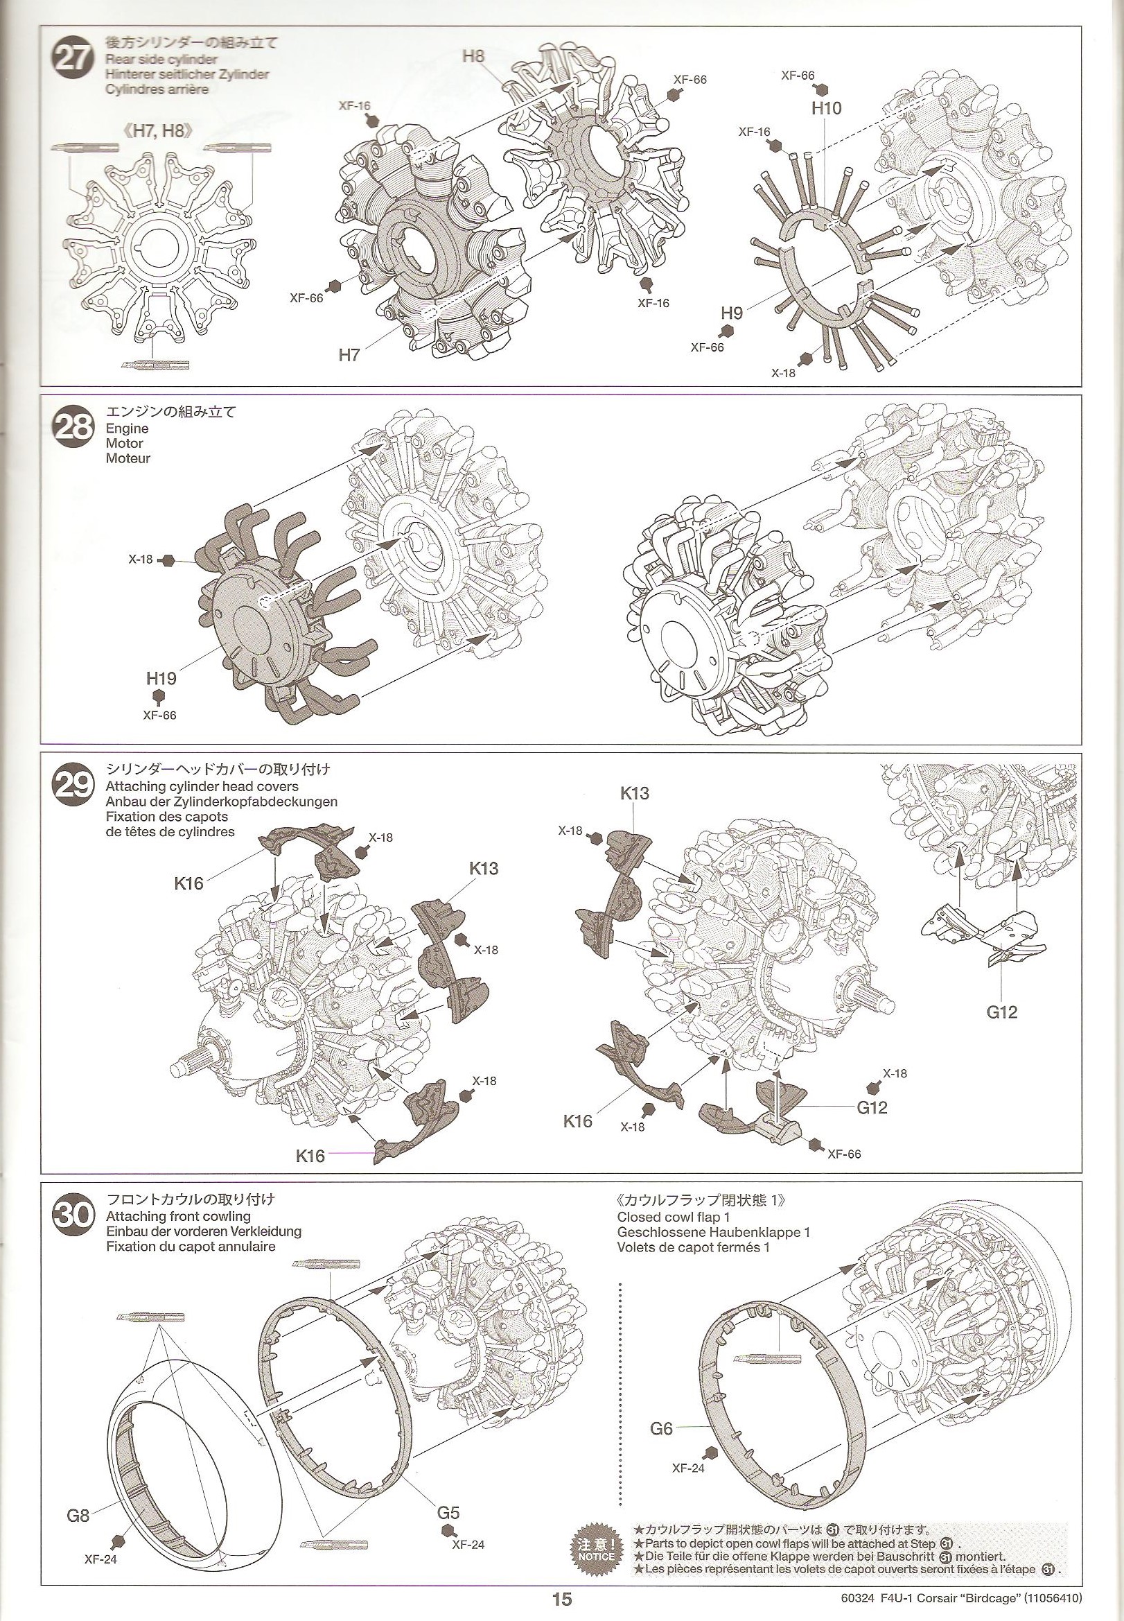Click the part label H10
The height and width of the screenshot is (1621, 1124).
tap(826, 108)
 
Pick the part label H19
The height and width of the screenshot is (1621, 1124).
tap(161, 678)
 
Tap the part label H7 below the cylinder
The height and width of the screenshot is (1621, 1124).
tap(349, 355)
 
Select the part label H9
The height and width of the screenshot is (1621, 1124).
tap(732, 313)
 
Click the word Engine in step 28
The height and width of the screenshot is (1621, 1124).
tap(128, 428)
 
